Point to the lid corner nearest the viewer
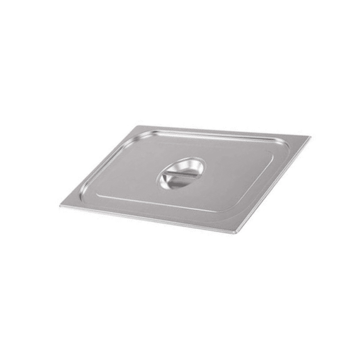237,233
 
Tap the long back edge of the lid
223,131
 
